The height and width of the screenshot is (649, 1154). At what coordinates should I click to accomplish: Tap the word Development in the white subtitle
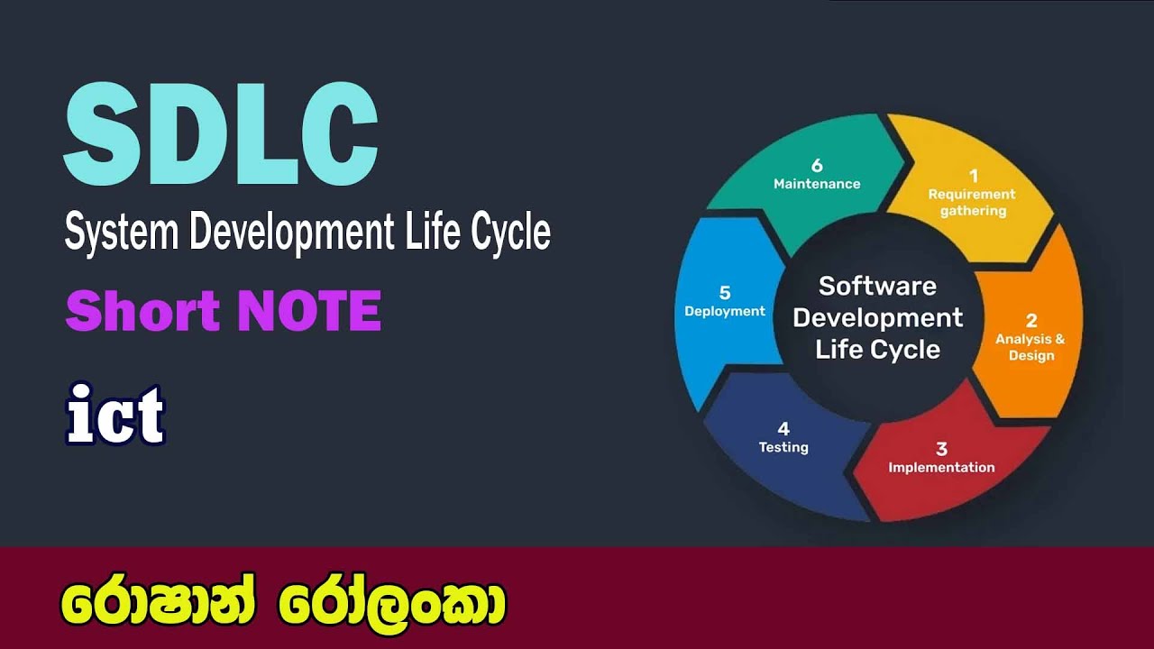tap(291, 233)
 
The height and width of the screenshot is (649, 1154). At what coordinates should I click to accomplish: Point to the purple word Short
tap(142, 311)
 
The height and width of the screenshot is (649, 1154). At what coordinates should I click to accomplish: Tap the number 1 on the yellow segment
tap(973, 176)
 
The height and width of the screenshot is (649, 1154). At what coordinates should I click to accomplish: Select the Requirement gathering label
tap(972, 203)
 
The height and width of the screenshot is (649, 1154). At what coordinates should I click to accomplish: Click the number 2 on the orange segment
tap(1031, 320)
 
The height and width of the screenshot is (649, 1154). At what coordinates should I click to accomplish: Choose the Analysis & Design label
tap(1030, 347)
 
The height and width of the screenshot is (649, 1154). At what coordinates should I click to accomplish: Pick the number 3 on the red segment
tap(941, 448)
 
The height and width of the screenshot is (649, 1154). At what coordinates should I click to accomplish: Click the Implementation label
tap(941, 468)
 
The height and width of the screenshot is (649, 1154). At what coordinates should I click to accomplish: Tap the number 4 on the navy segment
tap(783, 428)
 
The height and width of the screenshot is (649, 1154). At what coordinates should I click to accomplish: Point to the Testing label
tap(783, 447)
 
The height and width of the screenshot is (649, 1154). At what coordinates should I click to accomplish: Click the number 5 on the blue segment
tap(725, 292)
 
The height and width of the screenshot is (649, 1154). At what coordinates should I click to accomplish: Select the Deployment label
tap(725, 311)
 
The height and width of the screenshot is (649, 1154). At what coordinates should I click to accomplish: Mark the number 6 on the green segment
tap(817, 165)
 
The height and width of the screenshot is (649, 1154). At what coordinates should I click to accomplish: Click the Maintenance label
tap(817, 184)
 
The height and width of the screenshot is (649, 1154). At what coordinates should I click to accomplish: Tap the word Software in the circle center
tap(877, 287)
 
